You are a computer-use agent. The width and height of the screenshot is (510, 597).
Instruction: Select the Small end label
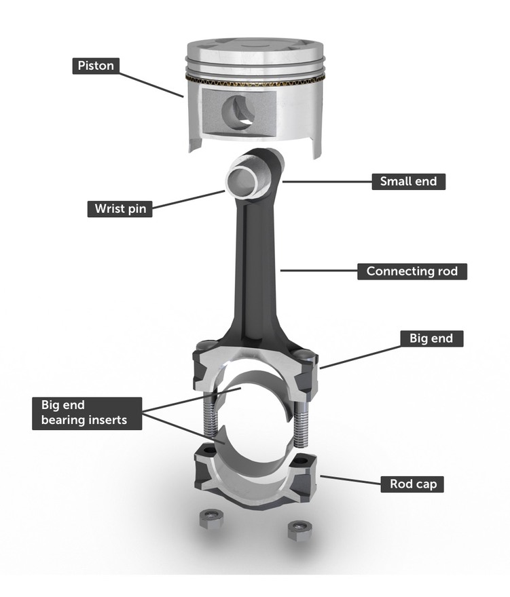408,182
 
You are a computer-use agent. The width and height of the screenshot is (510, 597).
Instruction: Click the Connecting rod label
412,271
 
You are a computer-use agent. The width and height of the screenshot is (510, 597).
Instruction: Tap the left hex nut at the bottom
209,521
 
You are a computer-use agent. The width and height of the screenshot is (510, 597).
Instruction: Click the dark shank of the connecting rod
255,265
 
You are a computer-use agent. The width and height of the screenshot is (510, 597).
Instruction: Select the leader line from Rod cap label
350,480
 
